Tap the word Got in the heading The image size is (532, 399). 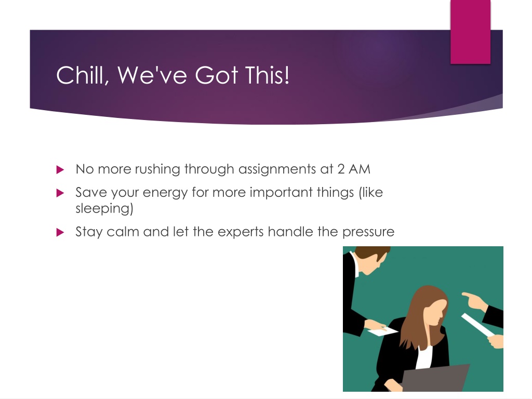(x=216, y=75)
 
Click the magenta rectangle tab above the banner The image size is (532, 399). (x=470, y=32)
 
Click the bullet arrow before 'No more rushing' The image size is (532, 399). (x=60, y=169)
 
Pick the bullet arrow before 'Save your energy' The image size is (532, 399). (x=60, y=193)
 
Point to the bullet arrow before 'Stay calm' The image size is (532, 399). (x=60, y=232)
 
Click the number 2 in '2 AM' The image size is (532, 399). (x=341, y=169)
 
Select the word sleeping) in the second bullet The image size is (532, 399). (x=104, y=208)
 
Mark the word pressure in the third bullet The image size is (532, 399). (x=368, y=232)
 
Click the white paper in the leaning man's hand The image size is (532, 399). (x=383, y=330)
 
